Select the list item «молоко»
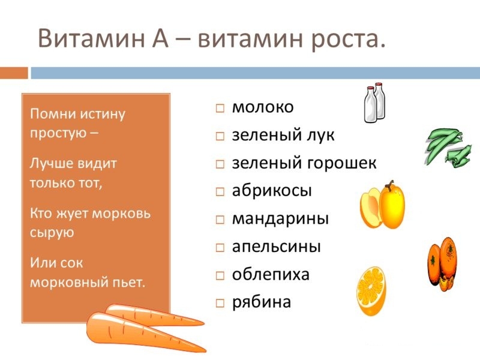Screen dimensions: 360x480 point(263,107)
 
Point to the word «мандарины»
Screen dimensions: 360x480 point(280,218)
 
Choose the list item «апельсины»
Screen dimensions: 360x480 point(277,247)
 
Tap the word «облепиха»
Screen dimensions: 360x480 point(271,274)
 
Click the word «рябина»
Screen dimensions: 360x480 point(262,302)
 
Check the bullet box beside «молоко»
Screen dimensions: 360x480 point(220,109)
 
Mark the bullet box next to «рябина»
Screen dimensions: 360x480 point(220,303)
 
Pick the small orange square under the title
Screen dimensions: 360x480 point(14,73)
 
